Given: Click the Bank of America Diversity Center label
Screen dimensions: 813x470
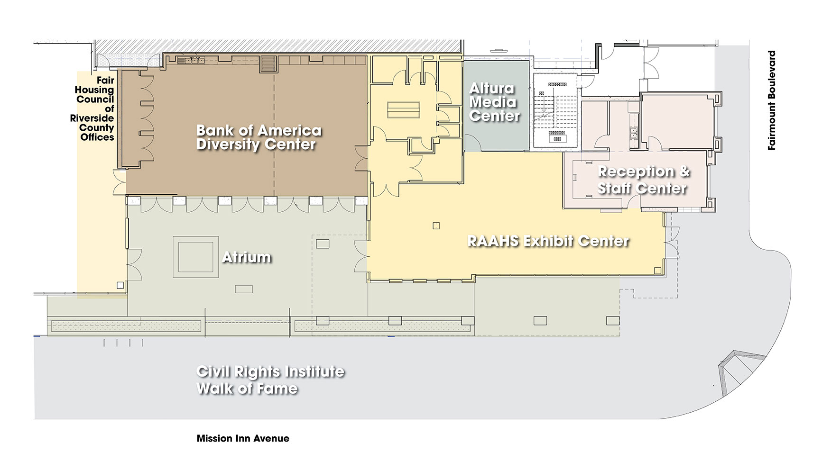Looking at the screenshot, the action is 259,137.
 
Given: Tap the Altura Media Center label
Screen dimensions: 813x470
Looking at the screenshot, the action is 494,102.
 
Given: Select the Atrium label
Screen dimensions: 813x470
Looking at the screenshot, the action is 247,257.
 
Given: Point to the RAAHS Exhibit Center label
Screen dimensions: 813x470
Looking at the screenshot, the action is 548,241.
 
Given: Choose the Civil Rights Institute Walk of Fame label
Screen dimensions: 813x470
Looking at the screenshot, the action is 270,380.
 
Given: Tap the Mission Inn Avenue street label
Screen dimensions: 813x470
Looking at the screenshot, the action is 243,438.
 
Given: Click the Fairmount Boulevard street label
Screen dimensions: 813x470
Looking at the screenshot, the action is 772,100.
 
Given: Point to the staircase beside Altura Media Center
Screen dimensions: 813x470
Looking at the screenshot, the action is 555,110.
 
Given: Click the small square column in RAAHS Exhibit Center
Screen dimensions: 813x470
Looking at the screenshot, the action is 436,226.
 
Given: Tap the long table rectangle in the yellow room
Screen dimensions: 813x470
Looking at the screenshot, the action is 404,110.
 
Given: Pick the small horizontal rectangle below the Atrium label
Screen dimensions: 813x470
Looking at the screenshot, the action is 244,289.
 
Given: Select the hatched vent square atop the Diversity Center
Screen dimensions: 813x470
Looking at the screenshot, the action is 268,64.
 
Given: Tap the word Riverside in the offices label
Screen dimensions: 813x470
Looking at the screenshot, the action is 92,118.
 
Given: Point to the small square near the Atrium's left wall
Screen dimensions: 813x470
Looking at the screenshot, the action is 120,285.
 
